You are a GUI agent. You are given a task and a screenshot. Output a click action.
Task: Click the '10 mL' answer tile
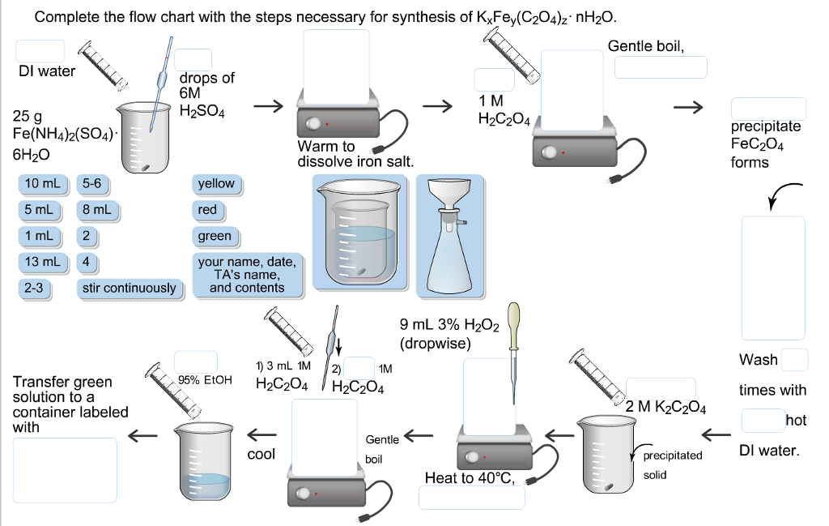click(x=41, y=184)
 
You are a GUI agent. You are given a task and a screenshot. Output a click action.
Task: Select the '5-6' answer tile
click(x=91, y=184)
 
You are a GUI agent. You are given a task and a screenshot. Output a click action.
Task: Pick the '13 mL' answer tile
click(x=41, y=262)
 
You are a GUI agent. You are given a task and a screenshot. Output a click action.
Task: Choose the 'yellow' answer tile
click(x=216, y=184)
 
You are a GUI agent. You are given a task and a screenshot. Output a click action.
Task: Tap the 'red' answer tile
click(x=207, y=210)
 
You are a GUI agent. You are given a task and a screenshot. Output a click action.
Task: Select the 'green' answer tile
click(x=215, y=237)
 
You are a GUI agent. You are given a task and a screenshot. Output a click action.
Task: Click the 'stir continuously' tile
click(x=129, y=288)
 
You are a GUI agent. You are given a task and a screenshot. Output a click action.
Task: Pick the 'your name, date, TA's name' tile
click(x=247, y=275)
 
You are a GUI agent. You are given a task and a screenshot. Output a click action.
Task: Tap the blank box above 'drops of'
click(x=193, y=60)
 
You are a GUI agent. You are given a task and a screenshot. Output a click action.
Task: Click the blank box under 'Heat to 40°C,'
click(x=471, y=498)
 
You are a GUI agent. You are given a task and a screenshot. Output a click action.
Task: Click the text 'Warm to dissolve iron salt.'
click(x=355, y=154)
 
